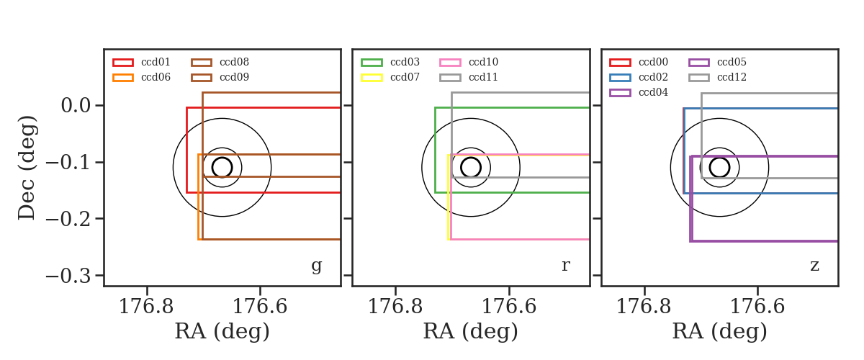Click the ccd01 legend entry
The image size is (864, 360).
point(142,62)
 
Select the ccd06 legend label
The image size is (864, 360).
point(156,77)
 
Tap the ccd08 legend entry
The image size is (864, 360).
point(220,62)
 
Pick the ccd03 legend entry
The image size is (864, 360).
point(390,62)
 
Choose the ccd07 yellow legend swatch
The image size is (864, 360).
point(372,78)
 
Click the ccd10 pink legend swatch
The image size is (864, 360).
point(450,63)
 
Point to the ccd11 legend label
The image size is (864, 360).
point(483,77)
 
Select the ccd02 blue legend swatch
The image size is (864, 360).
point(620,78)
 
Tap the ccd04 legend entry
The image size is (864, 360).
point(639,93)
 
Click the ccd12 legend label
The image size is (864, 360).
point(732,77)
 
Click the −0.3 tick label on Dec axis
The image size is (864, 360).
point(68,276)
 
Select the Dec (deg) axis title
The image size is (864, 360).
point(27,168)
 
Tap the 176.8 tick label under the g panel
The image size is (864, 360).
point(146,307)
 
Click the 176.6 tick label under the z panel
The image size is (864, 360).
point(757,307)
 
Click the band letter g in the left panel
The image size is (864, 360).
point(316,266)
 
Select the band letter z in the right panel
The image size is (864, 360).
point(814,266)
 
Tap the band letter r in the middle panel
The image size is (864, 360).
point(565,266)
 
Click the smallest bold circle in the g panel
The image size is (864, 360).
point(222,158)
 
